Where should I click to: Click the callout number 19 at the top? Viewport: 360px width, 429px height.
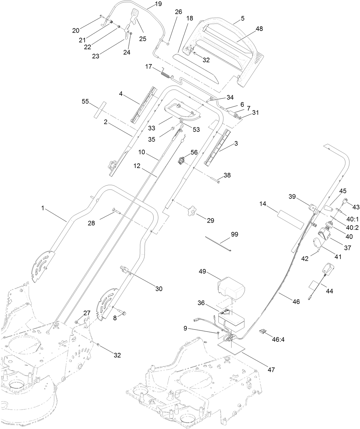click(158, 4)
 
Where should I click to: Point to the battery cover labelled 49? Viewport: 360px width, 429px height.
click(231, 288)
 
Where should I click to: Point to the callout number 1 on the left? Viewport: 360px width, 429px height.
click(43, 208)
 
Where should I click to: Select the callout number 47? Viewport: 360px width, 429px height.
click(271, 370)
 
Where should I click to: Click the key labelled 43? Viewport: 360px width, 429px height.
click(347, 201)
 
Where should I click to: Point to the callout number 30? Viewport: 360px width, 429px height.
click(159, 289)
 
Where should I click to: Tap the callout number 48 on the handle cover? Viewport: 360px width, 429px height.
click(259, 29)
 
